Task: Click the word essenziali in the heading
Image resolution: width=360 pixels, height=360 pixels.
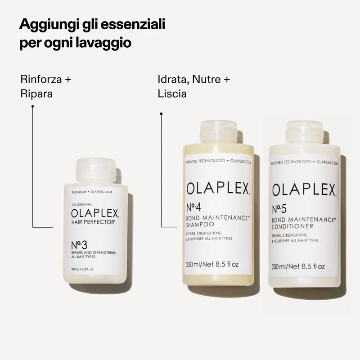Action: point(133,24)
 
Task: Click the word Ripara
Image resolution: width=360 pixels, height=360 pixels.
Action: point(36,94)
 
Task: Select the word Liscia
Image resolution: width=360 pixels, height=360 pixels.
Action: point(172,94)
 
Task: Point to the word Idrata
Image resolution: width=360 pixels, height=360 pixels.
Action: point(173,80)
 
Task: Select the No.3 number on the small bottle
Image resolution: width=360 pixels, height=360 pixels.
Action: point(79,245)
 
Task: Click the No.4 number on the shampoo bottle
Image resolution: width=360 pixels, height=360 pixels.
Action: point(193,207)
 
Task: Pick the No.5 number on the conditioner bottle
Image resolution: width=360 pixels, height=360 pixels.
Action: point(279,209)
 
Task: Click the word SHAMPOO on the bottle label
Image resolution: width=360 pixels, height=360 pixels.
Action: point(200,224)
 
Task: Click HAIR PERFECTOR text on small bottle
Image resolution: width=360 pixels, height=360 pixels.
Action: point(93,222)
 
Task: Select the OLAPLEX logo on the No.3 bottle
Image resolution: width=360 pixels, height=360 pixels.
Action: point(95,213)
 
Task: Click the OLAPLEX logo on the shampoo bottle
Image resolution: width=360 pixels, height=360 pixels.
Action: point(218,189)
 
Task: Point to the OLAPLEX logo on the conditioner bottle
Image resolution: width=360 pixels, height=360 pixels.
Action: point(304,190)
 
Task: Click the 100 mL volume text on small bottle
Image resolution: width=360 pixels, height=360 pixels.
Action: point(82,270)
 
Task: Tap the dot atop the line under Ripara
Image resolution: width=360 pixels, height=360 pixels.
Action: point(32,106)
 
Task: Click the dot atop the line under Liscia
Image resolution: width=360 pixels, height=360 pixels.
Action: point(161,114)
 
